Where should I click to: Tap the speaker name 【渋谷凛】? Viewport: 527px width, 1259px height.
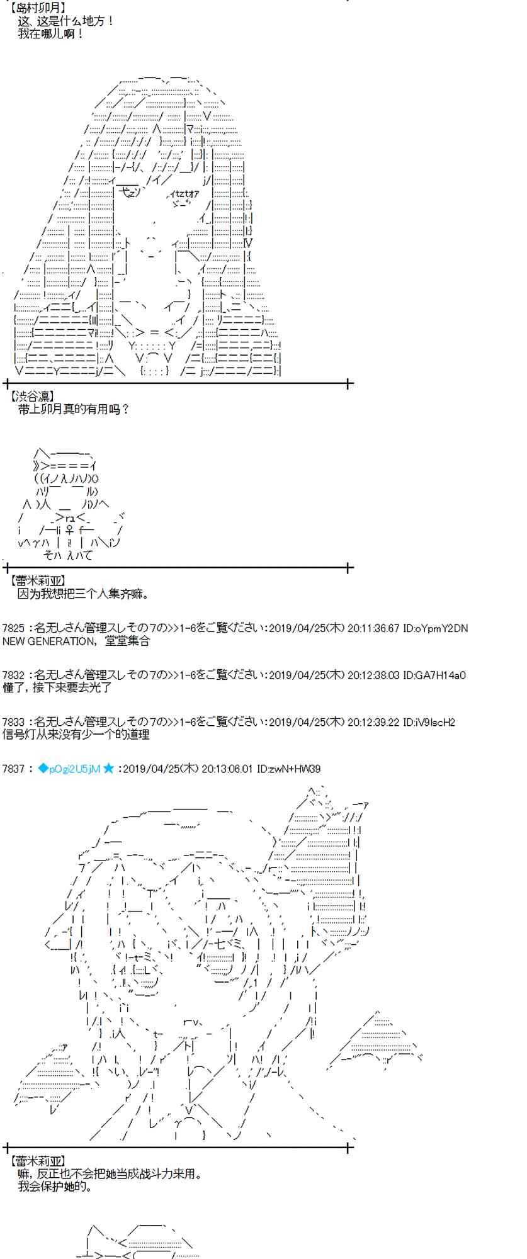coord(33,396)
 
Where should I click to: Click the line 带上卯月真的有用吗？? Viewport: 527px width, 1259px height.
coord(74,409)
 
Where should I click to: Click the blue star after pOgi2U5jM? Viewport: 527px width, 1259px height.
coord(109,769)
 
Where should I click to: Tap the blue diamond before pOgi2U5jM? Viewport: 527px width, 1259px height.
coord(43,769)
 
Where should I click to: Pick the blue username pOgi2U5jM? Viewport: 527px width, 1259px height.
coord(75,769)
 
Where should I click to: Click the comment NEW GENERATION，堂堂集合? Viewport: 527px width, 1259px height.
coord(76,641)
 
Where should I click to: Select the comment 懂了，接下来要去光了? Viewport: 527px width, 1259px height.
coord(57,687)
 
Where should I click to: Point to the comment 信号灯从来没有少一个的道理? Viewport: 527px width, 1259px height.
coord(76,734)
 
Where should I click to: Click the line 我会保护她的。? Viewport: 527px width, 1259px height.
coord(55,1187)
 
